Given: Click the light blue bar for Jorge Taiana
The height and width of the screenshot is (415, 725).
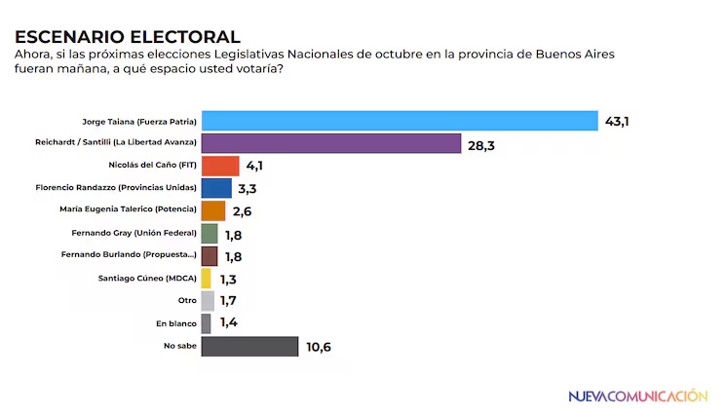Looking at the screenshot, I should click(399, 121).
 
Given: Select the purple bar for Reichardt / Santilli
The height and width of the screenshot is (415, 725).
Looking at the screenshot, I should click(330, 143).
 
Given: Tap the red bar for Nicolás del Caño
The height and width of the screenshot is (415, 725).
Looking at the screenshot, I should click(219, 166).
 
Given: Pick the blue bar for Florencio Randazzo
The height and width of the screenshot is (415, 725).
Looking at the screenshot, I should click(216, 188).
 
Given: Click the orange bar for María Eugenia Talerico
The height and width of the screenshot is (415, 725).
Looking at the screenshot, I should click(213, 210).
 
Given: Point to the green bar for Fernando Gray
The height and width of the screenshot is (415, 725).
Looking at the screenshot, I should click(210, 233).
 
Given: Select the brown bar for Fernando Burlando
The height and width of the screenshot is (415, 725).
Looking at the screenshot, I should click(210, 255).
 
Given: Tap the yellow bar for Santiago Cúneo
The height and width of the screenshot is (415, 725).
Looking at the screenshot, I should click(207, 278).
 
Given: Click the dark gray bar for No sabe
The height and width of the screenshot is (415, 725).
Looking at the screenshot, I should click(249, 346).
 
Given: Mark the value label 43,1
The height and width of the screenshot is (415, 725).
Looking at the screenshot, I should click(619, 121).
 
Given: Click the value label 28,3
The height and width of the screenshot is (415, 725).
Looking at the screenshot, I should click(482, 144).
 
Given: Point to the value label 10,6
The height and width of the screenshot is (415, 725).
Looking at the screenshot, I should click(319, 347).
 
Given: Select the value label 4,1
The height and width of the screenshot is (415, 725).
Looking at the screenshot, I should click(255, 167).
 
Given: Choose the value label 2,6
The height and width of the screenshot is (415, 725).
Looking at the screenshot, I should click(243, 211).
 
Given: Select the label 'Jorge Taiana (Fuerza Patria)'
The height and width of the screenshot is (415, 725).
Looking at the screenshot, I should click(139, 122).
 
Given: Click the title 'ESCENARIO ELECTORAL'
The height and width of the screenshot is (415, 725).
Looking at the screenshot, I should click(127, 37).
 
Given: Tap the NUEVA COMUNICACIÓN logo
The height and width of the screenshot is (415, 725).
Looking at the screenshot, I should click(637, 396).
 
